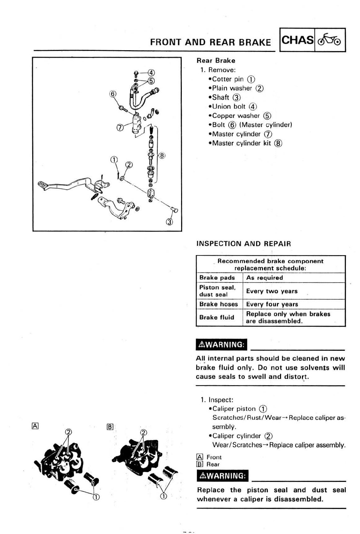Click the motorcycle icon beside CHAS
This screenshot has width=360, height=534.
pyautogui.click(x=329, y=40)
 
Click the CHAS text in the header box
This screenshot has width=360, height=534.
pyautogui.click(x=297, y=40)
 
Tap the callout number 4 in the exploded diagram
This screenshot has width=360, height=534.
pyautogui.click(x=151, y=72)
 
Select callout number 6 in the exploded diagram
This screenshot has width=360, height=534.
pyautogui.click(x=112, y=94)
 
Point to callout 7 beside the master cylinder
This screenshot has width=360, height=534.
pyautogui.click(x=120, y=127)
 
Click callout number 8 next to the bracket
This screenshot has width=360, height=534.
pyautogui.click(x=162, y=156)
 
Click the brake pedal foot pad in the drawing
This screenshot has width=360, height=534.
pyautogui.click(x=43, y=185)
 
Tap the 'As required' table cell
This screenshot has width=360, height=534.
pyautogui.click(x=264, y=278)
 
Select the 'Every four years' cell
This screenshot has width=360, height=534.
pyautogui.click(x=272, y=304)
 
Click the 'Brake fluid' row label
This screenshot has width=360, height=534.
pyautogui.click(x=217, y=317)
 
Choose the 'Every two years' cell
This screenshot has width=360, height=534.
pyautogui.click(x=272, y=291)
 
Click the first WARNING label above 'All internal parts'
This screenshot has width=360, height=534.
pyautogui.click(x=222, y=345)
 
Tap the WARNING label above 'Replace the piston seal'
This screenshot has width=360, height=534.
pyautogui.click(x=222, y=476)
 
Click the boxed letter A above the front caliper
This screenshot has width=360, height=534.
pyautogui.click(x=35, y=426)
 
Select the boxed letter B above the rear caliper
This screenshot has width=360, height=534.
pyautogui.click(x=110, y=427)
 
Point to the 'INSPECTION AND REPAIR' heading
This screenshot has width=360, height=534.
pyautogui.click(x=243, y=244)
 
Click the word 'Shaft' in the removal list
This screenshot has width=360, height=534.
pyautogui.click(x=220, y=97)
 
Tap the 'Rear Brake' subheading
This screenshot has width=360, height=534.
pyautogui.click(x=216, y=61)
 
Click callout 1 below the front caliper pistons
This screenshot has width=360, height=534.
pyautogui.click(x=96, y=497)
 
